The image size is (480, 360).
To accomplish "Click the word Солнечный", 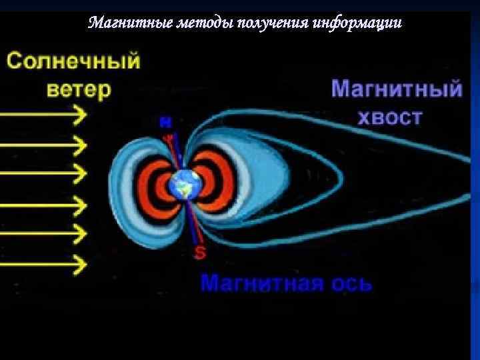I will (74, 63).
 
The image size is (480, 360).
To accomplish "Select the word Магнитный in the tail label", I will (397, 89).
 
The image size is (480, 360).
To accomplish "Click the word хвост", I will (390, 118).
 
